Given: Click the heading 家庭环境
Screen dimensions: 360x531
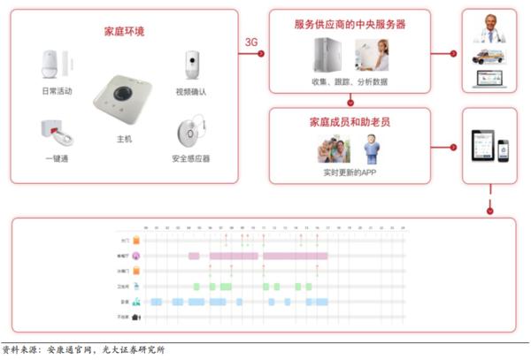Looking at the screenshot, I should tap(124, 32).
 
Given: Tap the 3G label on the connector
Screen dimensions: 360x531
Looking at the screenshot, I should tap(251, 42).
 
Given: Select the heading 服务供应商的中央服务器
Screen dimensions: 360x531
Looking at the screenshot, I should tap(350, 25).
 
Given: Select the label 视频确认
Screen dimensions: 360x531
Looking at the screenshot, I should tap(189, 91).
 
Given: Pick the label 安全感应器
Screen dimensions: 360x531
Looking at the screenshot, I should tap(190, 158).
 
